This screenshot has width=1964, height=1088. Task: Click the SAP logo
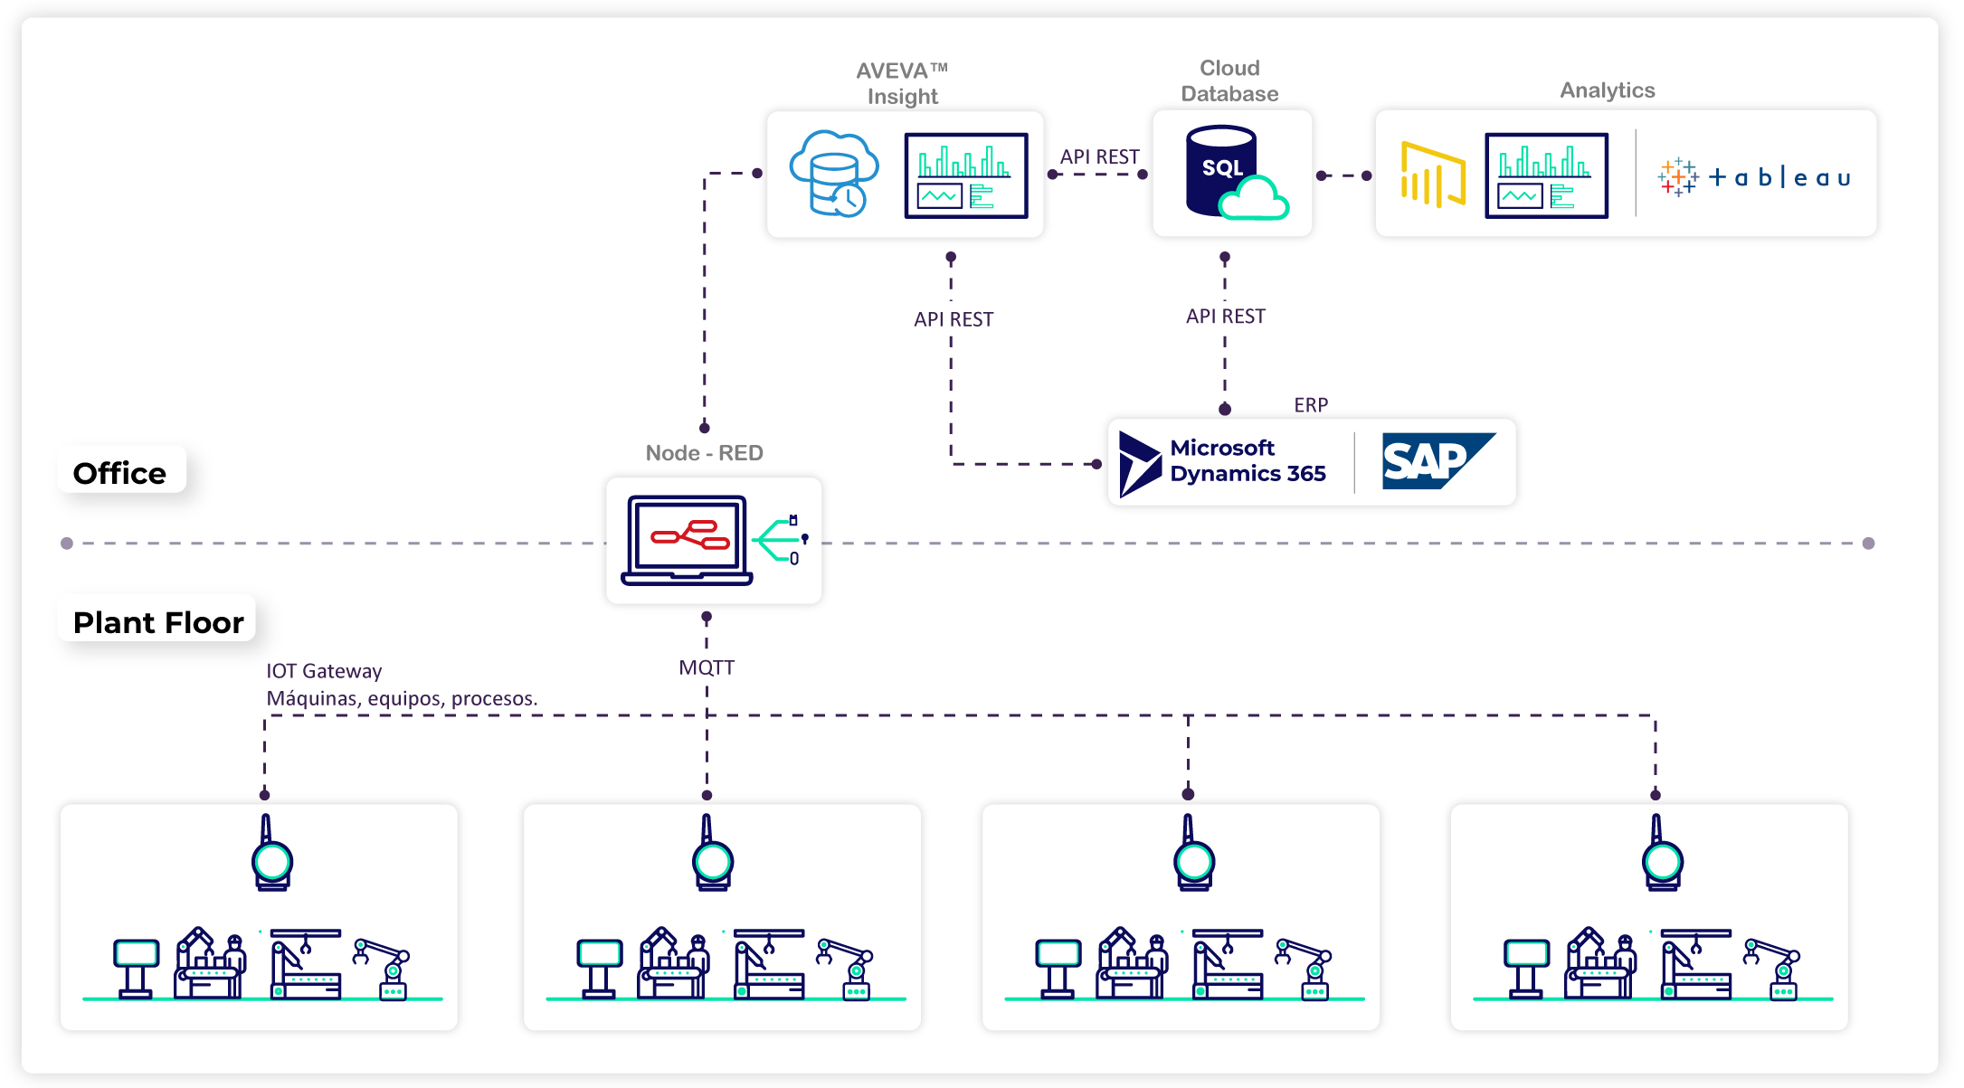click(1437, 461)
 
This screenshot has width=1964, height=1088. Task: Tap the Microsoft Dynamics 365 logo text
click(1247, 461)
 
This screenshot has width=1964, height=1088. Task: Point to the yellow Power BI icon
click(1432, 174)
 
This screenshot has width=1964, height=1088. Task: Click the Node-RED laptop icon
click(687, 540)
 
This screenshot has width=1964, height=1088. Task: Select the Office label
click(119, 473)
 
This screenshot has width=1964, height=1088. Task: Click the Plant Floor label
click(158, 622)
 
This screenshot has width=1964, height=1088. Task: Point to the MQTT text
click(707, 667)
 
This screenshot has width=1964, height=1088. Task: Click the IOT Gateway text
click(324, 671)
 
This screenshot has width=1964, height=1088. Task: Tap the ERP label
click(1311, 405)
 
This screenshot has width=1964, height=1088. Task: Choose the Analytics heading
click(1607, 90)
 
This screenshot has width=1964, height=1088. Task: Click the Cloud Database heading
click(1229, 81)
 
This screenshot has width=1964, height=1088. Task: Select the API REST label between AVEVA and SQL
click(1099, 156)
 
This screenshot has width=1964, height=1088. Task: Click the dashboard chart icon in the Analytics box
click(1546, 175)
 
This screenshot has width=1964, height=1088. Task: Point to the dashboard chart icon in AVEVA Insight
click(966, 175)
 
